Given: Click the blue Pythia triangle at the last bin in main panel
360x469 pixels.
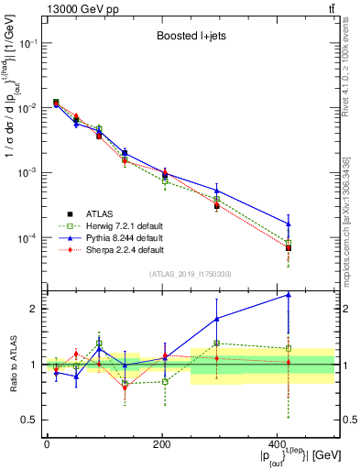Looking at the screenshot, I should tap(289, 224).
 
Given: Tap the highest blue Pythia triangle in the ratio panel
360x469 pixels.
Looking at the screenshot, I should tap(289, 295).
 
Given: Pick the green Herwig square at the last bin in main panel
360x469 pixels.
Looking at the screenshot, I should tap(289, 243).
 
